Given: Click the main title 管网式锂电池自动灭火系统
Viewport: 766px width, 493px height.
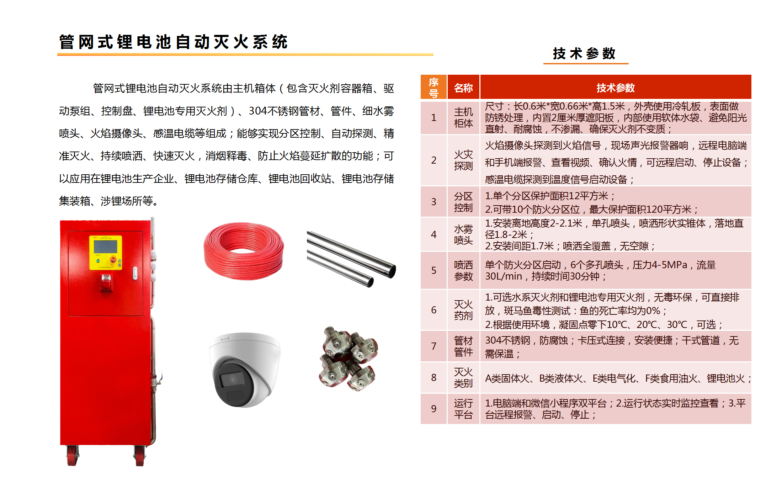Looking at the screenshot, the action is pos(173,42).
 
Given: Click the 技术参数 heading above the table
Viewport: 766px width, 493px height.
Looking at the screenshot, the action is pos(584,54).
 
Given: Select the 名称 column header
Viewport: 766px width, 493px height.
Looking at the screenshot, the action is pos(463,88).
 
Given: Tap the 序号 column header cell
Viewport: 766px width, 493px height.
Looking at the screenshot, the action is pos(433,88).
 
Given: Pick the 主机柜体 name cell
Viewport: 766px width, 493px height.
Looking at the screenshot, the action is pos(463,118).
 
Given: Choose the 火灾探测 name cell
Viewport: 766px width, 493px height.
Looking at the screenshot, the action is pos(463,160).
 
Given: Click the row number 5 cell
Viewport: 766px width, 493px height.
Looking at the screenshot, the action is pos(433,270).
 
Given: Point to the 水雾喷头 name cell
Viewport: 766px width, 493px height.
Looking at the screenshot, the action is pos(463,234).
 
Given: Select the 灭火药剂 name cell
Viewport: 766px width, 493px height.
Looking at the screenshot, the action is pos(463,310).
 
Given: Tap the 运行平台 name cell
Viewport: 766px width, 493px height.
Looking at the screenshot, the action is pos(463,409).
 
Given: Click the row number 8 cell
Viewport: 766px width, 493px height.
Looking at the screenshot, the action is pos(433,377).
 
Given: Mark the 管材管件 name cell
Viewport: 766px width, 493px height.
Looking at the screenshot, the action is pos(463,346).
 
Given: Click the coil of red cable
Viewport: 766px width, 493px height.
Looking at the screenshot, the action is pos(244,251).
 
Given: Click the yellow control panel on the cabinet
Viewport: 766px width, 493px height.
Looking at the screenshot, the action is pos(106,253).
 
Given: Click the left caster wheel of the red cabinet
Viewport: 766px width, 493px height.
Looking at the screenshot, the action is pos(73,456).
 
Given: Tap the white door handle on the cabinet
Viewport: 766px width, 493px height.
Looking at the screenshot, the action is pos(135,273).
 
